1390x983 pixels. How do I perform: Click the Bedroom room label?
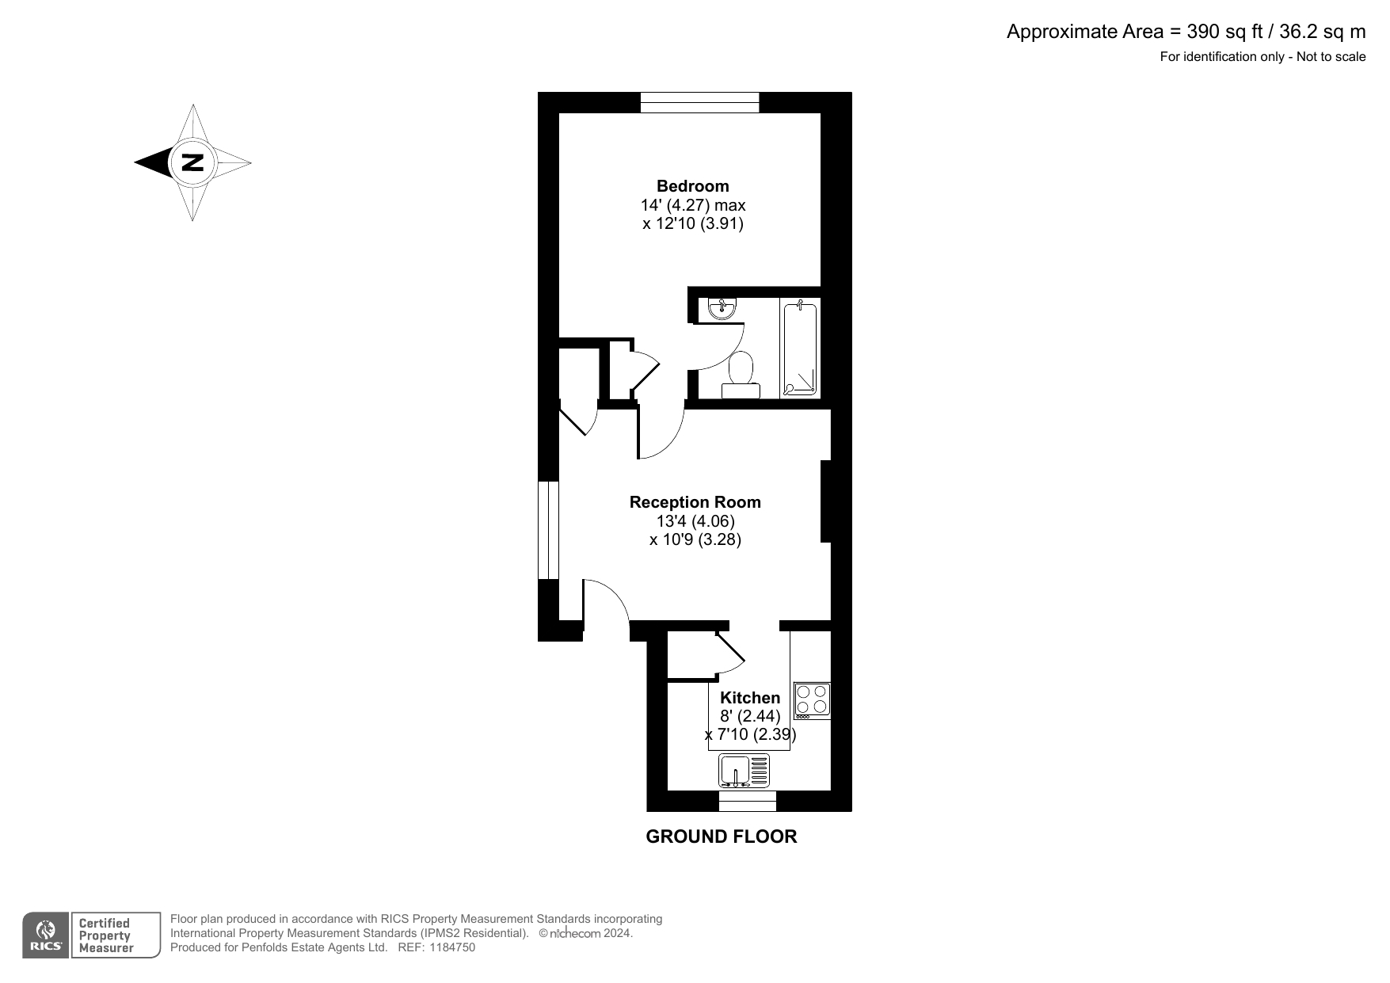693,186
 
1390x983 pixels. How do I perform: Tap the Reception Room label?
695,502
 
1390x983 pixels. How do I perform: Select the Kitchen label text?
750,698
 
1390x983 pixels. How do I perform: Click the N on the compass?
192,162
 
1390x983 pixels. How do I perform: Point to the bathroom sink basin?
722,309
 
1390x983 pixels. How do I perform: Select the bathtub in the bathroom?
799,349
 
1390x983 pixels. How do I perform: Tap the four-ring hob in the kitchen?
813,700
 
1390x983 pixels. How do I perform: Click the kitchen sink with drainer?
745,771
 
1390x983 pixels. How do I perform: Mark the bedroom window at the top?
699,102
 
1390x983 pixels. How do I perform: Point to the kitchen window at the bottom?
748,801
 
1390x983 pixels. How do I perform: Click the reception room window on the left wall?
548,530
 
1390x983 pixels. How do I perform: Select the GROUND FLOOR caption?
722,836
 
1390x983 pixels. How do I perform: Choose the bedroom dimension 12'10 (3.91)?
693,223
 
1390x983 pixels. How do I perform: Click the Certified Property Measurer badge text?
105,935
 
